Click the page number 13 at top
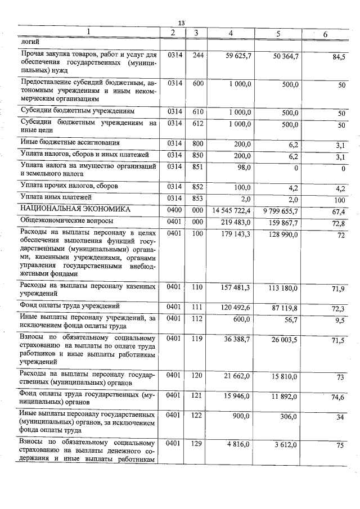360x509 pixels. point(181,22)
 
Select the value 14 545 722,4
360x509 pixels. point(232,210)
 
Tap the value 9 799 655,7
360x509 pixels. point(277,211)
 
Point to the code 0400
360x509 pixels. point(174,210)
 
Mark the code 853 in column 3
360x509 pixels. point(197,199)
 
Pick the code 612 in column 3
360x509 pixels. point(197,124)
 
